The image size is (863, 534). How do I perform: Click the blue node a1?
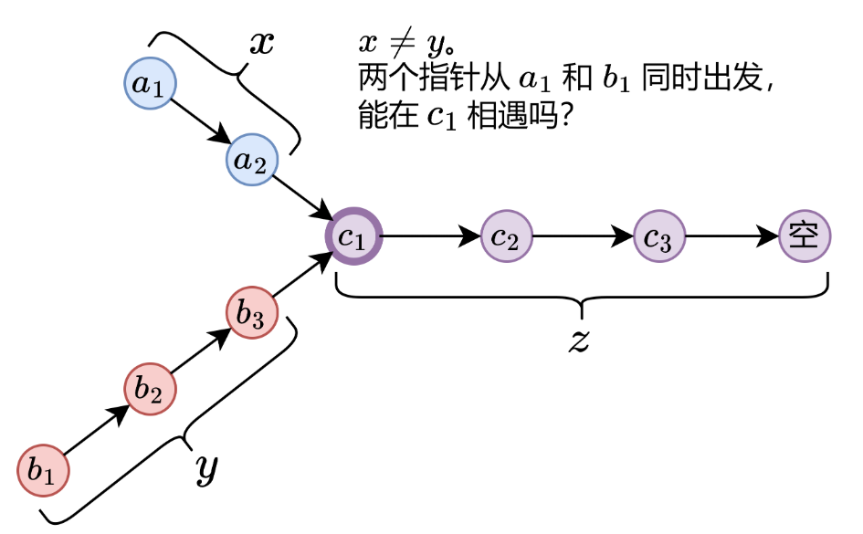149,84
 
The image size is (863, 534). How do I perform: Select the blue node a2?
251,161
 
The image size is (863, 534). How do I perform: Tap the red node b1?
43,470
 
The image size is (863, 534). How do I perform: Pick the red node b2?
150,390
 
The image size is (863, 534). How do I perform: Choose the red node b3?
252,313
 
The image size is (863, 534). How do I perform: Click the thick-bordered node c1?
353,237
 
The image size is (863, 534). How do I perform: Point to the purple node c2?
505,237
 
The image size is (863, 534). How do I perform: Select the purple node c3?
658,237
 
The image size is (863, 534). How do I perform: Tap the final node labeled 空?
805,236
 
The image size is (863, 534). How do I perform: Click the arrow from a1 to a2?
200,122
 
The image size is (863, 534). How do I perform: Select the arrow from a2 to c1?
302,199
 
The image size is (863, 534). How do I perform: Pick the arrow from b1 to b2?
96,430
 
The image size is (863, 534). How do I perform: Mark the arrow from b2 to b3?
201,351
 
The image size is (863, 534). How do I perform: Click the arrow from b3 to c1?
301,276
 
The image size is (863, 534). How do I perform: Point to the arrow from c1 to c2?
429,237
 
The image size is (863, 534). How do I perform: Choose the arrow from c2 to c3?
582,237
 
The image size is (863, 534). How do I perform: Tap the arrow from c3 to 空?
731,237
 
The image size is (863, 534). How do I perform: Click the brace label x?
262,44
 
